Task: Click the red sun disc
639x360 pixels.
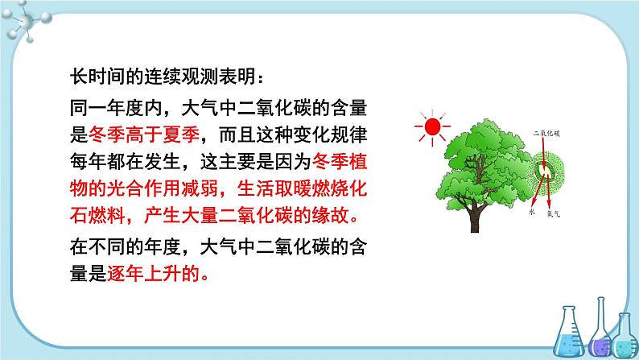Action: point(432,126)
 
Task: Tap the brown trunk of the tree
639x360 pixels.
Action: point(474,217)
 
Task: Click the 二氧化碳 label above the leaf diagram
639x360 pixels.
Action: point(546,134)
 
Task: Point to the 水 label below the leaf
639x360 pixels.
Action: point(531,212)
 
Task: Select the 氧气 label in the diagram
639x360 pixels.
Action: point(554,213)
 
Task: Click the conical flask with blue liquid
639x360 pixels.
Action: point(568,333)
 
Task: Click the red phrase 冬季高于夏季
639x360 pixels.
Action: point(144,135)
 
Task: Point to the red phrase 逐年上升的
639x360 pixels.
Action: point(154,274)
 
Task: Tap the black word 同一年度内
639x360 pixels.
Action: point(116,108)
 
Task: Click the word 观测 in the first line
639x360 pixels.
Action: point(200,77)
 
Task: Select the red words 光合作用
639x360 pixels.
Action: point(144,188)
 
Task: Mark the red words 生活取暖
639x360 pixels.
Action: point(274,188)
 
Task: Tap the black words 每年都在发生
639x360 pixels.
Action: point(125,161)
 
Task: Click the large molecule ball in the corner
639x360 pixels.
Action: point(27,21)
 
